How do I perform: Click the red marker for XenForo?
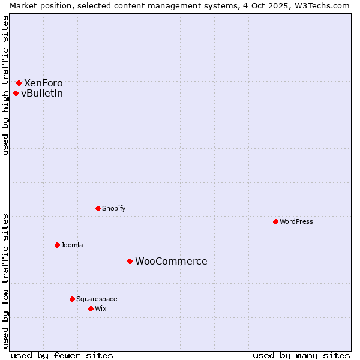point(19,83)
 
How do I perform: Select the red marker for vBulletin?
point(16,93)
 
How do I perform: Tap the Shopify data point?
point(98,208)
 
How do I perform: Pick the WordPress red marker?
point(275,221)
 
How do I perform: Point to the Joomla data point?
point(57,245)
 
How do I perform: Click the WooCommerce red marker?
point(130,261)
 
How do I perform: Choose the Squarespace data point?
point(72,299)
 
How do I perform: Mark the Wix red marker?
point(91,308)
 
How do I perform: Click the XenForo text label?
point(43,83)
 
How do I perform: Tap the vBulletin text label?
point(42,93)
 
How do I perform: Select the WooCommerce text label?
point(171,261)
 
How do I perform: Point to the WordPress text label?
point(296,221)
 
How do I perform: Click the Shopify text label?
point(114,208)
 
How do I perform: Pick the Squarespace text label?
point(97,299)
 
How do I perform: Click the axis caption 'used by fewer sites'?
point(62,355)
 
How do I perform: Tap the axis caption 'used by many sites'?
point(301,355)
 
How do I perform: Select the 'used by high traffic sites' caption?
point(5,85)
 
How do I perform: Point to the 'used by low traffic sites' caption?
point(5,280)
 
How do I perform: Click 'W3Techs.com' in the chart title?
point(323,5)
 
